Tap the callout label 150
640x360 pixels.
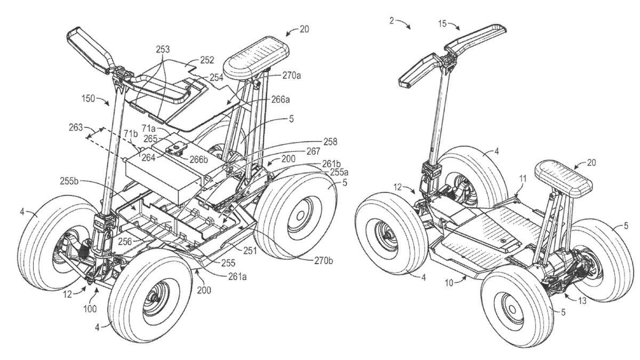coord(89,99)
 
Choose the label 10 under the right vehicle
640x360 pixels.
coord(448,283)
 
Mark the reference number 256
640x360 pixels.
coord(125,242)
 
